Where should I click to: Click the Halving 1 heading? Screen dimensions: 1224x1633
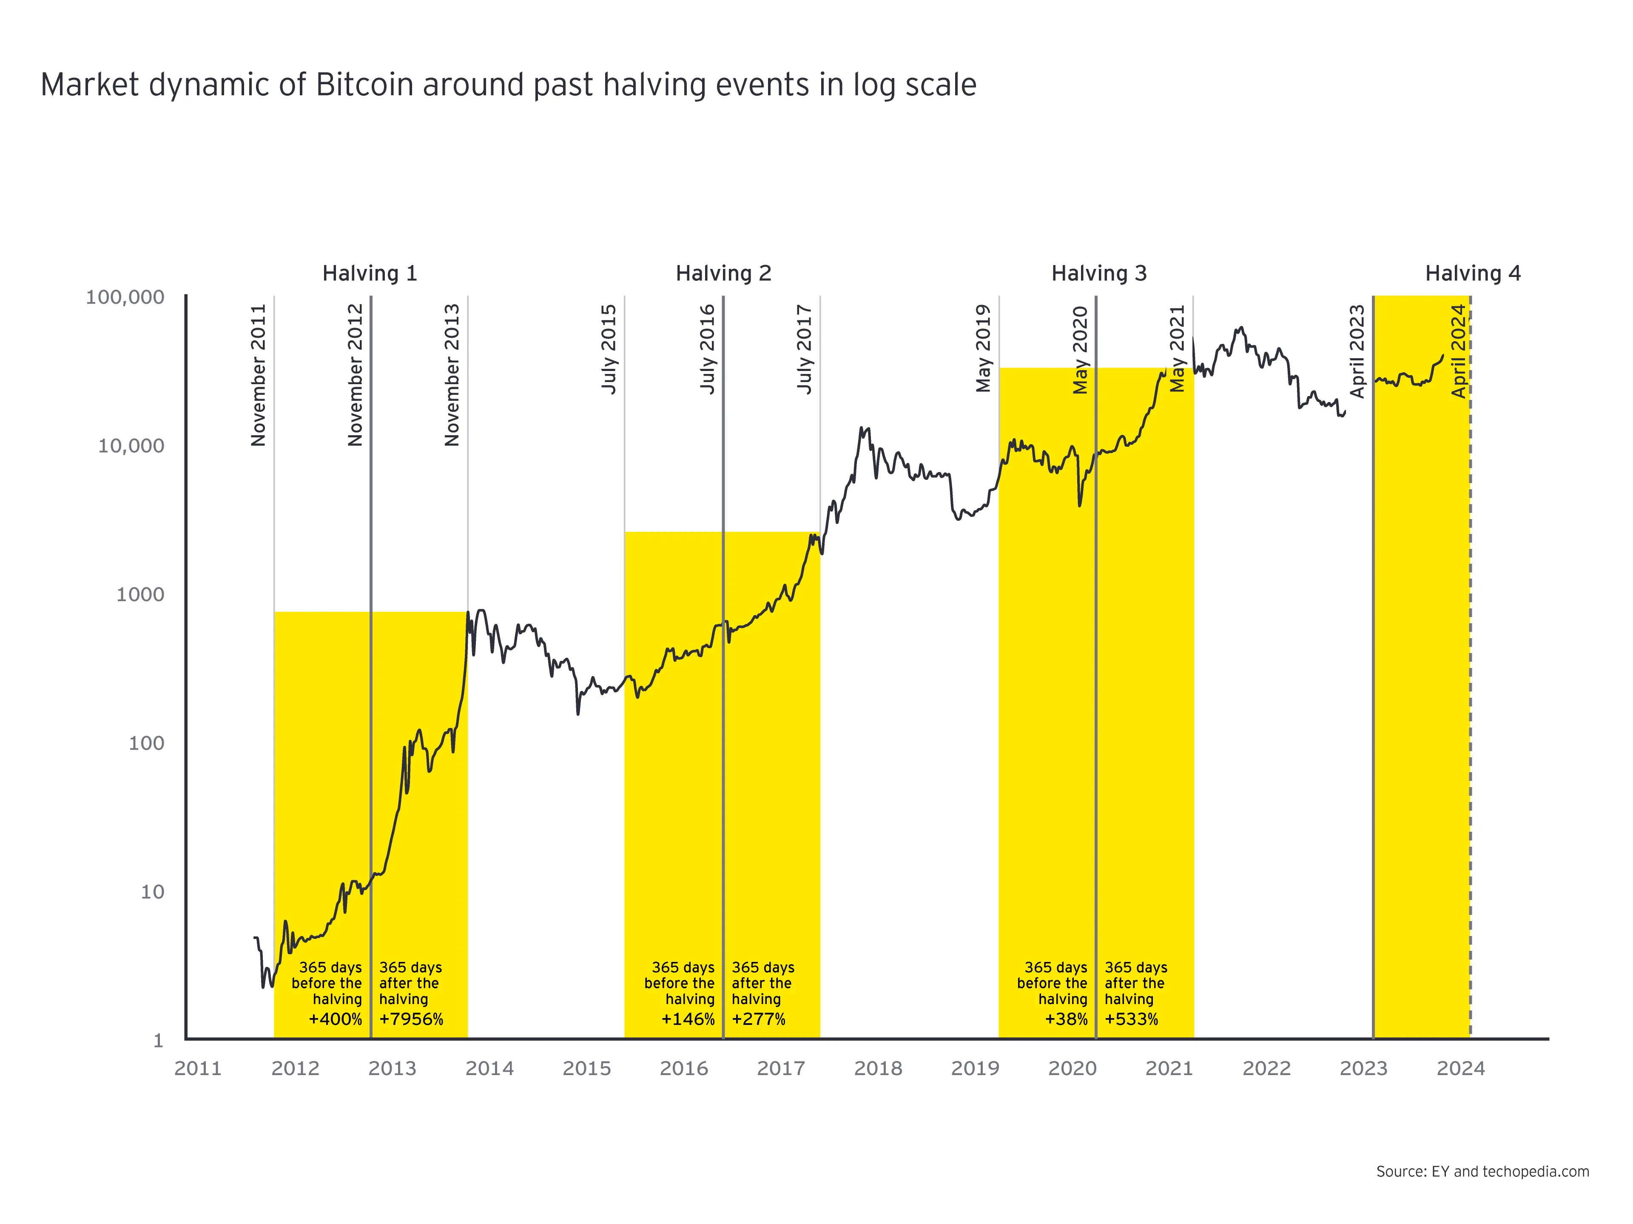coord(370,274)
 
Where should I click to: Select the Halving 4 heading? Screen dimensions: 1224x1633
coord(1472,274)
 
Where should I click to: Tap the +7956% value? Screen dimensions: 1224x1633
coord(411,1019)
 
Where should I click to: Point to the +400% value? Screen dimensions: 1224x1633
coord(335,1019)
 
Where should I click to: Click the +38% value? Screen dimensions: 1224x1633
coord(1066,1019)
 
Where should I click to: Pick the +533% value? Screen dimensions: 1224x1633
coord(1131,1019)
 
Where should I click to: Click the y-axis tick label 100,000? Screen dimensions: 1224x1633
coord(125,298)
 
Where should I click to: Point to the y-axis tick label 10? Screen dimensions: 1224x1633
coord(152,892)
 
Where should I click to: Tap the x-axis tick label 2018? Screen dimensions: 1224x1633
coord(878,1069)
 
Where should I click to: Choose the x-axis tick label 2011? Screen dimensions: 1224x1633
coord(198,1069)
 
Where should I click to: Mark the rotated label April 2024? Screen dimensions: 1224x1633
coord(1458,351)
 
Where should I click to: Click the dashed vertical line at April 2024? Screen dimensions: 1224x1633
coord(1470,665)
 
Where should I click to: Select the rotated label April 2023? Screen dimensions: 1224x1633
coord(1357,351)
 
